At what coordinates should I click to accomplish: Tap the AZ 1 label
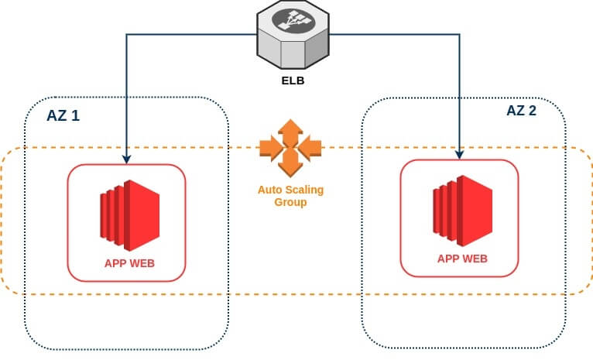point(63,116)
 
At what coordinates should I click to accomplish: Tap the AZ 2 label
point(521,111)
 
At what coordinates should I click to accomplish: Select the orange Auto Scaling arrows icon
point(290,146)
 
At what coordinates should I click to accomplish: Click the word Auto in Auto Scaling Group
point(271,190)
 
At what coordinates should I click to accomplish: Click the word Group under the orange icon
point(290,202)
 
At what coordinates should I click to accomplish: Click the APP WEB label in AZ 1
point(129,263)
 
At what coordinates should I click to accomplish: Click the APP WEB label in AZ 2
point(462,259)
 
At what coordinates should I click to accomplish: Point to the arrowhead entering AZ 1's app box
point(127,159)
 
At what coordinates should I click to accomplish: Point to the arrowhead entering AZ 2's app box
point(460,155)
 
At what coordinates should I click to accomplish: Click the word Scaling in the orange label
point(303,190)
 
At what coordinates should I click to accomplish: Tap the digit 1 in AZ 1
point(76,116)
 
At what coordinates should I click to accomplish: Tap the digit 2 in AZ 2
point(533,111)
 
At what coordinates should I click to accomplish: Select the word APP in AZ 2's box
point(449,259)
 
